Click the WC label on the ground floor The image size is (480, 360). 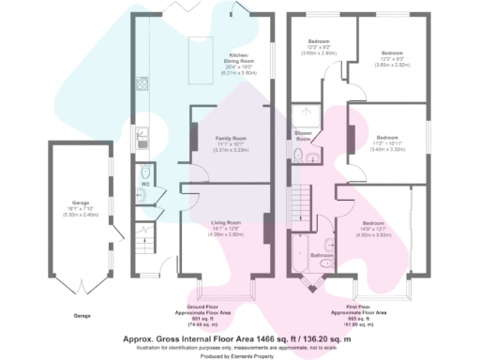[145, 184]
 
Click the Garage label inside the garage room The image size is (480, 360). [79, 205]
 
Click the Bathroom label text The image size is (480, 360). [322, 254]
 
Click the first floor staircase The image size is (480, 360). [301, 202]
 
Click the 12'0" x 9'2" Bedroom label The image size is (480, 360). [322, 47]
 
